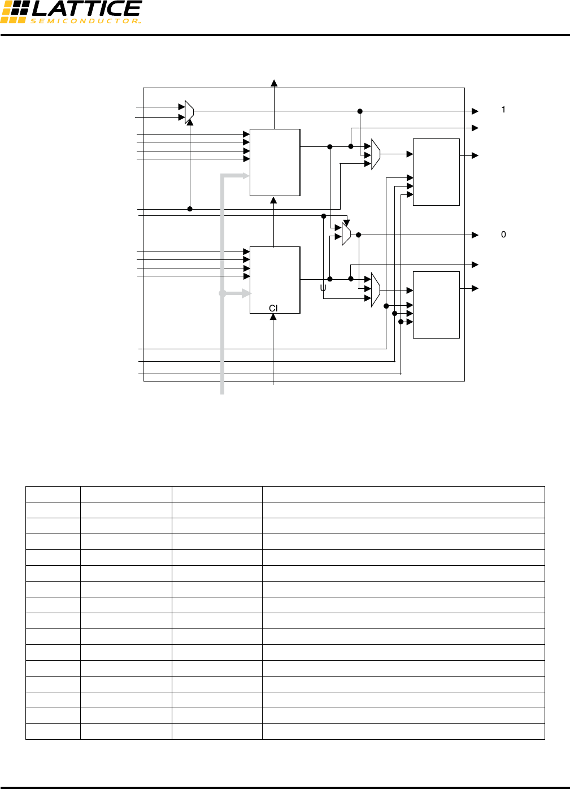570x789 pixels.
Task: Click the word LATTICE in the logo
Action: [x=86, y=8]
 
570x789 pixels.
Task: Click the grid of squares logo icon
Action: [x=14, y=12]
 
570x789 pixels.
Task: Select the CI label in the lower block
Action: [x=273, y=308]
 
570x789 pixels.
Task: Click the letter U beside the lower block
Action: [x=323, y=288]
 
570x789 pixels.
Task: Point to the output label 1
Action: [x=503, y=110]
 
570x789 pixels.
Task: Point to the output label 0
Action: [x=503, y=235]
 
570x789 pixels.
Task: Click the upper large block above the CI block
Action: [x=275, y=162]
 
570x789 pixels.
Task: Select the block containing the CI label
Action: [x=275, y=280]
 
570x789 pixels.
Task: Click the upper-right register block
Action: [x=436, y=172]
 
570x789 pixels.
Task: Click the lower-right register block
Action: [x=436, y=305]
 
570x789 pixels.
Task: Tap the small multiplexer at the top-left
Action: [x=189, y=112]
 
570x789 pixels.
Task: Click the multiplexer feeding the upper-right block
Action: [x=376, y=154]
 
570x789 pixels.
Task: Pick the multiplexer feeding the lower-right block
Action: [x=376, y=290]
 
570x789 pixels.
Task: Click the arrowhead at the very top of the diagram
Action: [x=274, y=83]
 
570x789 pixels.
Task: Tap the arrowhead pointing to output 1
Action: [x=475, y=111]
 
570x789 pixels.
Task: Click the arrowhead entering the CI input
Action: [x=273, y=317]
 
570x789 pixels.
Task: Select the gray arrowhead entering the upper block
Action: [x=246, y=176]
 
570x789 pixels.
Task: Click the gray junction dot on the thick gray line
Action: [x=223, y=293]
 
